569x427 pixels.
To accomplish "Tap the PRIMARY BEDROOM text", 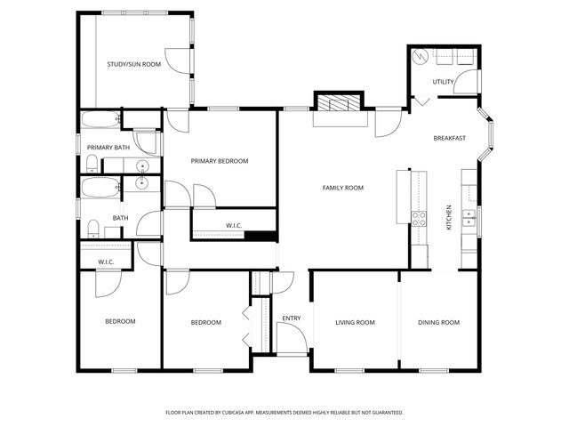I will [220, 161].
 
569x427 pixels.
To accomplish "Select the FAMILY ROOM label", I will [342, 188].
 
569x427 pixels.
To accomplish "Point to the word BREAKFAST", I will [450, 138].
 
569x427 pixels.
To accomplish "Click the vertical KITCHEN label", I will [449, 219].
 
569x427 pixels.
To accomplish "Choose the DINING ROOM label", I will [438, 322].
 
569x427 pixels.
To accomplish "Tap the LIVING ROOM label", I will [355, 322].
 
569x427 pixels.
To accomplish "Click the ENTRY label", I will [291, 318].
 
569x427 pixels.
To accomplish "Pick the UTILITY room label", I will [443, 82].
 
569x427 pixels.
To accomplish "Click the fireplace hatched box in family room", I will [338, 104].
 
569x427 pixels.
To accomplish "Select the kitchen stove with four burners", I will [418, 216].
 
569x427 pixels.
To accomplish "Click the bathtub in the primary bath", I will [99, 120].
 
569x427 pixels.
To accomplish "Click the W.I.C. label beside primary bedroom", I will [235, 225].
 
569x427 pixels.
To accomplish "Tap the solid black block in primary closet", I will [260, 236].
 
